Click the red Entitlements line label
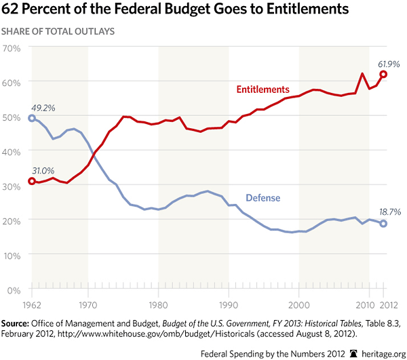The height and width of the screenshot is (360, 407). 263,89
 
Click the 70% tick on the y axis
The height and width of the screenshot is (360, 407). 14,48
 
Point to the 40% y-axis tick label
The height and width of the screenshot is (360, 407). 14,152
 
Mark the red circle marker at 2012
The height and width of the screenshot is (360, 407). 383,75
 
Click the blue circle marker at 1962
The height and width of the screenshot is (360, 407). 32,119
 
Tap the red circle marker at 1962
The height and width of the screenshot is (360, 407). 32,182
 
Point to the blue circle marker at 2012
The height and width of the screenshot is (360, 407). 383,224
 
